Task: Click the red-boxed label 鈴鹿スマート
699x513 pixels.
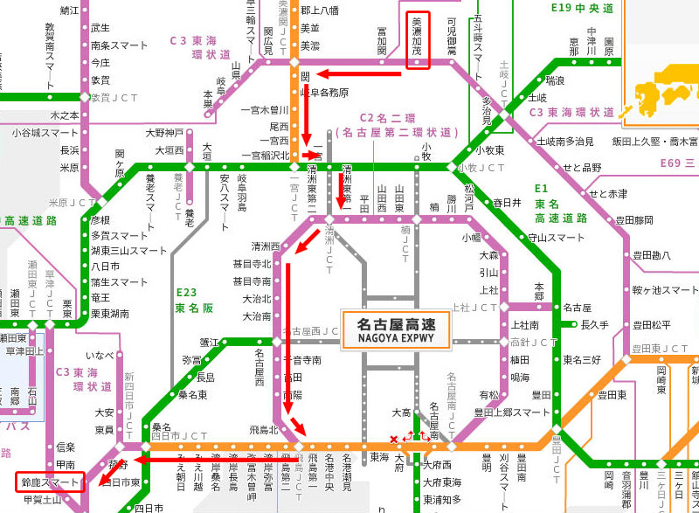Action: [x=50, y=482]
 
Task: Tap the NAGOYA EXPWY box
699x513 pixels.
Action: [x=396, y=330]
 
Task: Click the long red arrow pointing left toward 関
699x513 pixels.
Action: [x=359, y=74]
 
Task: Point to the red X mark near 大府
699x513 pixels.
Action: [x=394, y=439]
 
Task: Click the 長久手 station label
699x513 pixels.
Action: [x=594, y=325]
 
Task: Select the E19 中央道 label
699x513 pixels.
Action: [x=582, y=8]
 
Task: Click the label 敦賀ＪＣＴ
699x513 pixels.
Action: [x=114, y=98]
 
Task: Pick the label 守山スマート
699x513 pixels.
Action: [x=556, y=238]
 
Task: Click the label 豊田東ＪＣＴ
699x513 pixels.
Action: [x=659, y=349]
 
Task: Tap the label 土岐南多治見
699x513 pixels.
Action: [x=565, y=142]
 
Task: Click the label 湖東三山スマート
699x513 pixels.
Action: [x=129, y=251]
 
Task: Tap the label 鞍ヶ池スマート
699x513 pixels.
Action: [x=665, y=290]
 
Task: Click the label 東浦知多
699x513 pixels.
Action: [x=442, y=500]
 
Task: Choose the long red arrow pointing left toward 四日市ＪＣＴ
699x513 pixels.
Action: [x=217, y=460]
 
